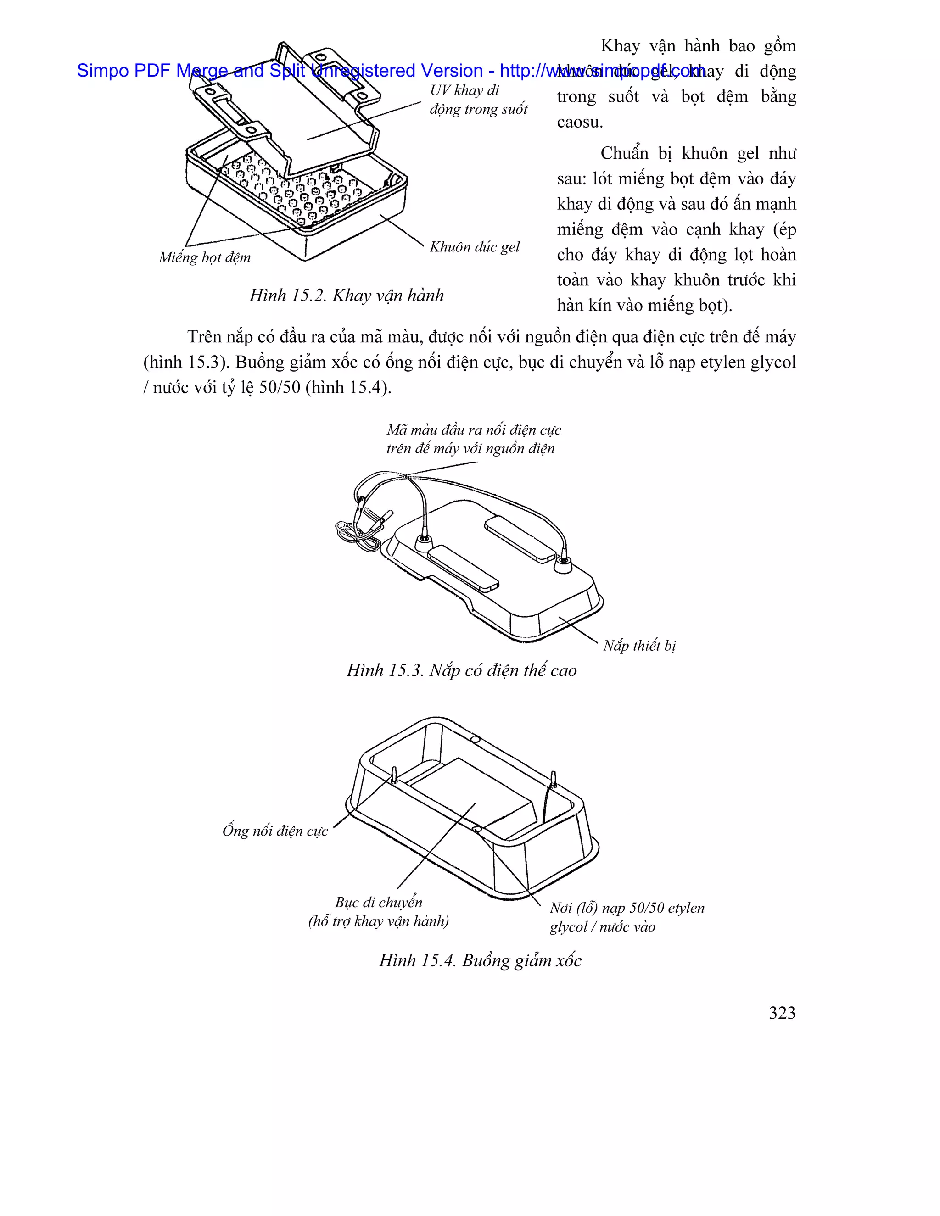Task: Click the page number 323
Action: (x=782, y=1013)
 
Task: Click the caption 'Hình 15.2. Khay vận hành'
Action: (x=347, y=295)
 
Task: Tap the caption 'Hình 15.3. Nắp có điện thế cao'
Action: (x=462, y=670)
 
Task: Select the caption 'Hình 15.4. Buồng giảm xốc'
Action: (x=480, y=960)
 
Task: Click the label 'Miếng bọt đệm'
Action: (x=205, y=257)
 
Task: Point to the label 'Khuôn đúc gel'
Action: (x=475, y=247)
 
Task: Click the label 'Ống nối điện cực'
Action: (x=275, y=831)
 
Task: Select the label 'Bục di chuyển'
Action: (x=379, y=902)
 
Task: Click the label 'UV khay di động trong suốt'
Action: (x=478, y=100)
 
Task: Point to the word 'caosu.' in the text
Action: (x=580, y=122)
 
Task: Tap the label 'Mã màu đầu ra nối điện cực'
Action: (x=474, y=430)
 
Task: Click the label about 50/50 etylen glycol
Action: (x=627, y=917)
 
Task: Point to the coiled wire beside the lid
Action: (x=351, y=535)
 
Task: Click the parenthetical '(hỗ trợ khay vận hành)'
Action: (x=379, y=921)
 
